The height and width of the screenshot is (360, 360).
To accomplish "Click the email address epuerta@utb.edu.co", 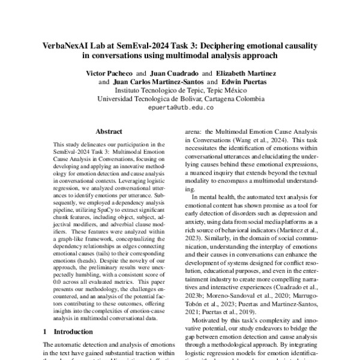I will coord(180,108).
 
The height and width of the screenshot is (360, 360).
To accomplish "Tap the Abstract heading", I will coord(109,130).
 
